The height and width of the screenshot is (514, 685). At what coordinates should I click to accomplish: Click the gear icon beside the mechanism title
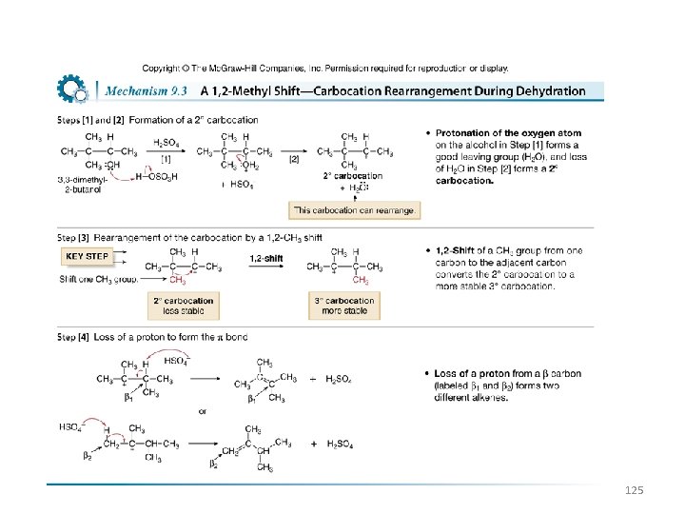(x=72, y=89)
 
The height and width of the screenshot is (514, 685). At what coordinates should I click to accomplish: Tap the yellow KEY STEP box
(x=87, y=257)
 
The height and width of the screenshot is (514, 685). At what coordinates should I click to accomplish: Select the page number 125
(x=635, y=490)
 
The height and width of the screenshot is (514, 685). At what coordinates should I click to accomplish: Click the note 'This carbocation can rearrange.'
(x=354, y=209)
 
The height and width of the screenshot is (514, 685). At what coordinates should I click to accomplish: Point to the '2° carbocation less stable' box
(x=184, y=306)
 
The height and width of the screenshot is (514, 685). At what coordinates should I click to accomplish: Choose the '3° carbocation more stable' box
(x=343, y=306)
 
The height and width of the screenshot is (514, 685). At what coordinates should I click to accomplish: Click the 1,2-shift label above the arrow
(x=264, y=258)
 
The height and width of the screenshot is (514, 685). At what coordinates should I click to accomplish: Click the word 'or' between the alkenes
(x=202, y=412)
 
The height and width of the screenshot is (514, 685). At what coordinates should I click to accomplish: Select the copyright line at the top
(x=325, y=69)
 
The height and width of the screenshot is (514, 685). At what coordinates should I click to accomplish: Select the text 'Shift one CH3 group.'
(x=99, y=279)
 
